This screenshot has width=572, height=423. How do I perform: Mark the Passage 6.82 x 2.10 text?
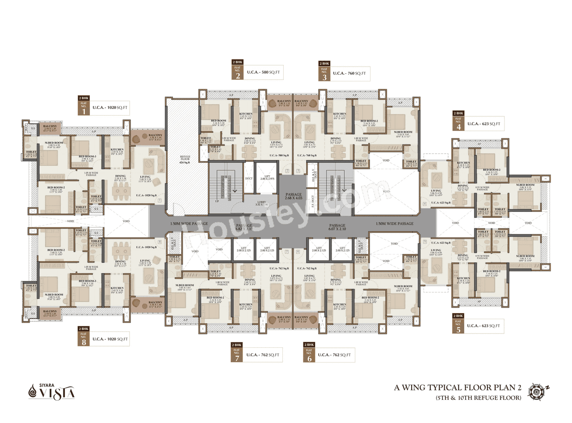[x=244, y=227]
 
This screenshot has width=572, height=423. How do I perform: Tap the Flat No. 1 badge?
[x=83, y=106]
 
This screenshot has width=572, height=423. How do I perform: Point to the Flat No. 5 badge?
[x=458, y=325]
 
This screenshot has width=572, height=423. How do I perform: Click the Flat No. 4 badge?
[x=458, y=123]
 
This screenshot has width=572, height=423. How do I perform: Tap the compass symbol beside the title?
[x=536, y=390]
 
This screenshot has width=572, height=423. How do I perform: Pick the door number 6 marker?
[x=298, y=252]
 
